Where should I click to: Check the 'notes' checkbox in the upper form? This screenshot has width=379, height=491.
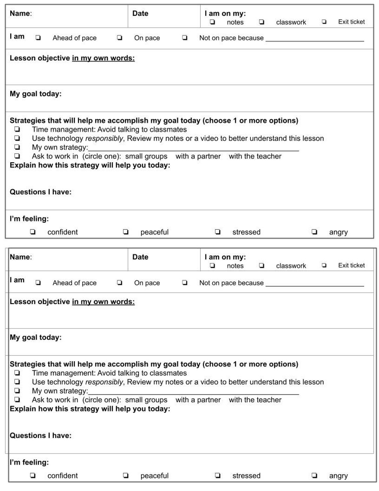click(212, 22)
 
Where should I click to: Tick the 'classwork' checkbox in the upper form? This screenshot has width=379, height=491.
click(261, 22)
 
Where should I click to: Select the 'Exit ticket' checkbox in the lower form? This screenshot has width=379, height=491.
click(324, 266)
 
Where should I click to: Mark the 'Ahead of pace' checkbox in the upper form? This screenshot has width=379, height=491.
click(38, 38)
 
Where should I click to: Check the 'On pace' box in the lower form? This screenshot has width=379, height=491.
click(120, 283)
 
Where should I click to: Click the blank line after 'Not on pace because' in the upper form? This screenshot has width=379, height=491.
click(314, 39)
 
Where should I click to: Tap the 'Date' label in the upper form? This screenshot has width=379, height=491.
click(140, 13)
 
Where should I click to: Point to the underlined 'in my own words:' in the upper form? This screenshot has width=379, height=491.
click(103, 58)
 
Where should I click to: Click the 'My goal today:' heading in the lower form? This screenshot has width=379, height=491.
click(35, 338)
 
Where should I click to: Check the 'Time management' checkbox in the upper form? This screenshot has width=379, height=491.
click(17, 130)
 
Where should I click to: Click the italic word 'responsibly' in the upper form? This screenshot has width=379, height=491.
click(104, 138)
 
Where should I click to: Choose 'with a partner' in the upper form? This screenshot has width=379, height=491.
click(198, 156)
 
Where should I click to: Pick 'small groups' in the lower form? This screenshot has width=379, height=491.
click(146, 400)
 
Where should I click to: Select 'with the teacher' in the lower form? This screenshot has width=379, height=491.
click(255, 400)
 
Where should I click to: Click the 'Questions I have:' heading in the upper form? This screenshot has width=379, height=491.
click(40, 192)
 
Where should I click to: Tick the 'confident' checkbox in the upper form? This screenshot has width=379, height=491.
click(33, 232)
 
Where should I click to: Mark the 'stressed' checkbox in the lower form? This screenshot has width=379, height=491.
click(218, 476)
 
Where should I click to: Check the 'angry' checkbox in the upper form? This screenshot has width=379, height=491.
click(314, 232)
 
